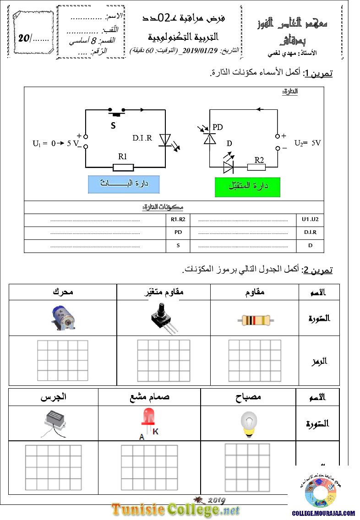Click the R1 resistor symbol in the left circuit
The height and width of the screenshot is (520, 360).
(x=122, y=167)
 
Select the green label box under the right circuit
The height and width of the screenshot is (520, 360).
(x=248, y=187)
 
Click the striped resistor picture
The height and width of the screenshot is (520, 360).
(x=256, y=320)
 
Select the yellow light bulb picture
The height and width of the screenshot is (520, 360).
(x=249, y=422)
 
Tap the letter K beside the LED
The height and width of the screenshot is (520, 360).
(x=156, y=431)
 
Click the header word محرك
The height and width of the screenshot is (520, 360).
(x=63, y=292)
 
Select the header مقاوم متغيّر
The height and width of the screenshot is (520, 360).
(x=164, y=292)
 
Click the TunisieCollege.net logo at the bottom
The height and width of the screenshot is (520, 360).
(x=175, y=509)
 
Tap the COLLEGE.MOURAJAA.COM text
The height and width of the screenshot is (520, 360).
(x=323, y=514)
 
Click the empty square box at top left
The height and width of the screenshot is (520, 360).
(x=33, y=32)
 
